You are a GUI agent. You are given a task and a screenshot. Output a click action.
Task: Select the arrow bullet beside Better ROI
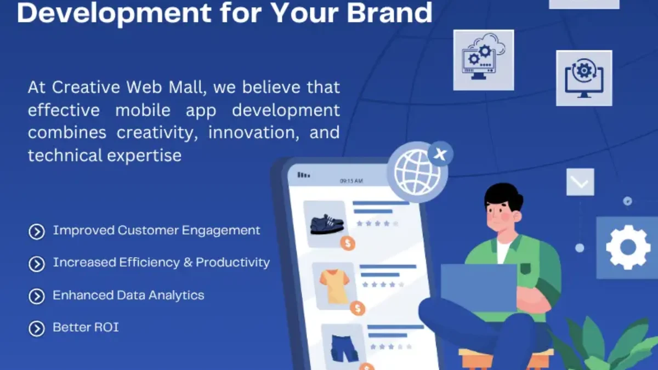point(37,328)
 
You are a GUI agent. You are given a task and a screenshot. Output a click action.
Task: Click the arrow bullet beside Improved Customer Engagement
point(37,232)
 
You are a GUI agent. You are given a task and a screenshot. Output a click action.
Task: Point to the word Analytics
point(174,295)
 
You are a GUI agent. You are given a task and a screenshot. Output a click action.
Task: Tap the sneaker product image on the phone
point(327,223)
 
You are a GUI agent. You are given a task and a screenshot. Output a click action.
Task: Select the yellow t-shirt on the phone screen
point(334,285)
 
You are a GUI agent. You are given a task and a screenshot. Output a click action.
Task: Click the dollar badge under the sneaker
point(347,243)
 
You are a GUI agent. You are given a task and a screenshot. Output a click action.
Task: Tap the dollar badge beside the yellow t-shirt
point(358,309)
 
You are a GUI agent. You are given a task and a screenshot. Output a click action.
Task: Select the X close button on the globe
point(440,154)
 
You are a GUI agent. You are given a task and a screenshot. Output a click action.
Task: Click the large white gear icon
point(628,247)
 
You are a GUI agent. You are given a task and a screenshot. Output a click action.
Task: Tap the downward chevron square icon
point(580,182)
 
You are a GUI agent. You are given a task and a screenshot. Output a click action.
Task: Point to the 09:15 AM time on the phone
point(351,180)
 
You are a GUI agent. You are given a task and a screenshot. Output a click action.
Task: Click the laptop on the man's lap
point(478,288)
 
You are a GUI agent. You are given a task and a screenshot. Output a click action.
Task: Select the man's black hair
point(503,195)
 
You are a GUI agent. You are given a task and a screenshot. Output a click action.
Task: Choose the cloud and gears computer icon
point(483,60)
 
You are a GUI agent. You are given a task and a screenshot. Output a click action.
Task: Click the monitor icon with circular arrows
point(583,78)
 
